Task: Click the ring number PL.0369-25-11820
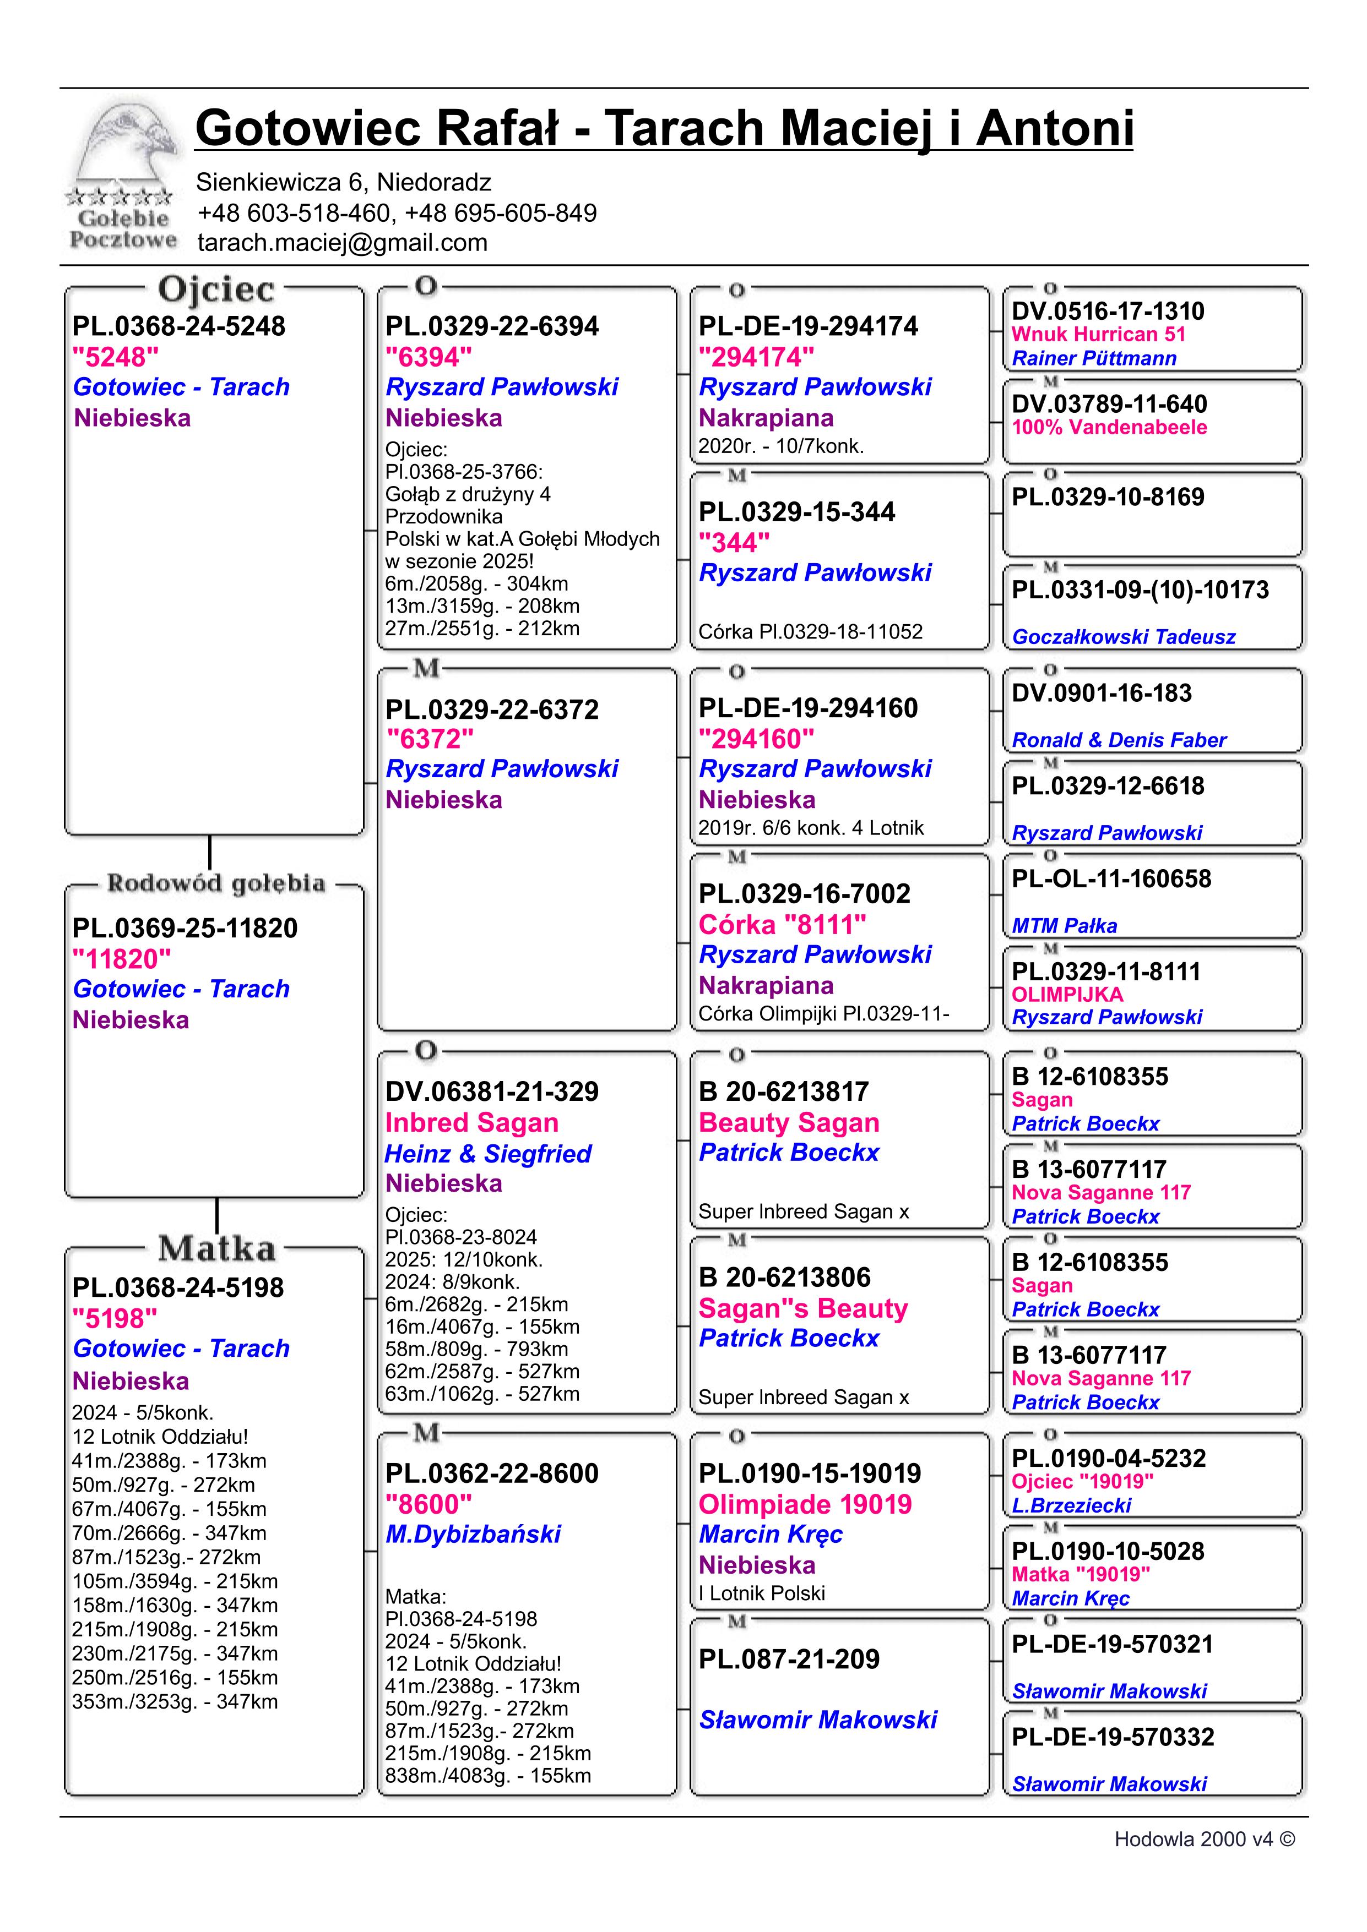(x=185, y=928)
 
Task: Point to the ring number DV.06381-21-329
(x=492, y=1091)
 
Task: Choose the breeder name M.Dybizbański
(x=473, y=1534)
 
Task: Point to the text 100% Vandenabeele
(x=1109, y=428)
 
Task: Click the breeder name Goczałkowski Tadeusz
(x=1123, y=637)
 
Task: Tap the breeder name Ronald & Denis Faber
(x=1119, y=740)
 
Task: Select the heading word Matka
(x=216, y=1249)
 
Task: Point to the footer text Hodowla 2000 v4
(x=1204, y=1840)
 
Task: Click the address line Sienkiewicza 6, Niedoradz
(x=344, y=182)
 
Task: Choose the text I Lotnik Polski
(x=761, y=1593)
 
